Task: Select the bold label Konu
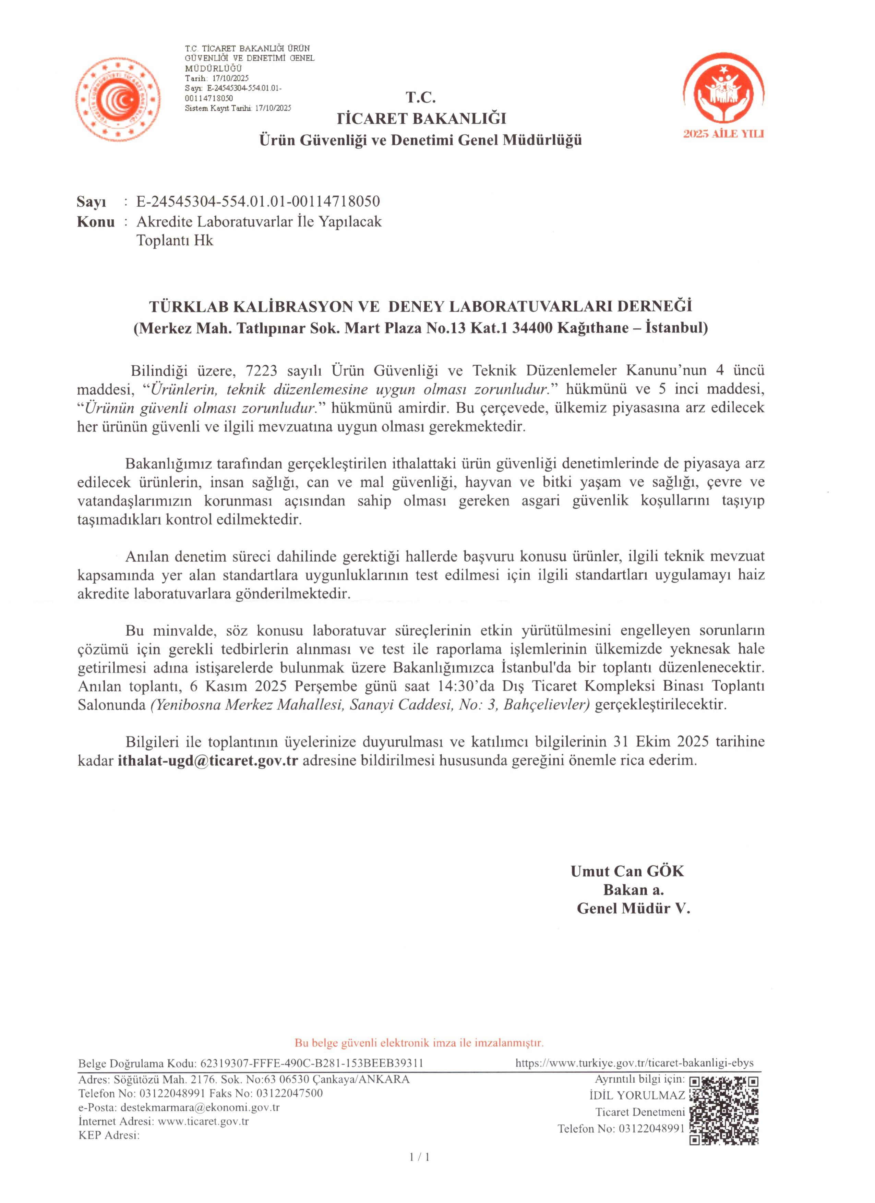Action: click(96, 222)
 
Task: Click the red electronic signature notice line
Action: click(419, 1043)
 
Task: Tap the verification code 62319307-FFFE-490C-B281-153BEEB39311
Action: click(310, 1064)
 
